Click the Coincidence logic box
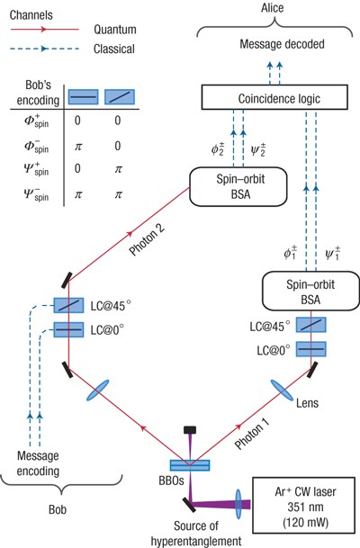[x=274, y=97]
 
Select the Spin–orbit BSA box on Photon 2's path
[x=238, y=186]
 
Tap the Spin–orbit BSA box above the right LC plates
[x=310, y=292]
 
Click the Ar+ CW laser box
[x=305, y=507]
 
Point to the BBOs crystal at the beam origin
[x=190, y=465]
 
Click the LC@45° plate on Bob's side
[x=68, y=305]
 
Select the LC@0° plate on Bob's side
[x=68, y=329]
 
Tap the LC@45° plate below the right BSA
[x=311, y=325]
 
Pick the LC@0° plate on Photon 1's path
[x=311, y=349]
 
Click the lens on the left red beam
[x=98, y=391]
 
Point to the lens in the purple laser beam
[x=238, y=504]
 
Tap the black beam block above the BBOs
[x=190, y=429]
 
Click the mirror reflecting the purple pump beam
[x=189, y=505]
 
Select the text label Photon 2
[x=147, y=240]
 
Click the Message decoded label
[x=282, y=44]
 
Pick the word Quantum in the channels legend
[x=115, y=30]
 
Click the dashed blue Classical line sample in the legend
[x=45, y=49]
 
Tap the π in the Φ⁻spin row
[x=78, y=146]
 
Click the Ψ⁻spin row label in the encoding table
[x=36, y=193]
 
